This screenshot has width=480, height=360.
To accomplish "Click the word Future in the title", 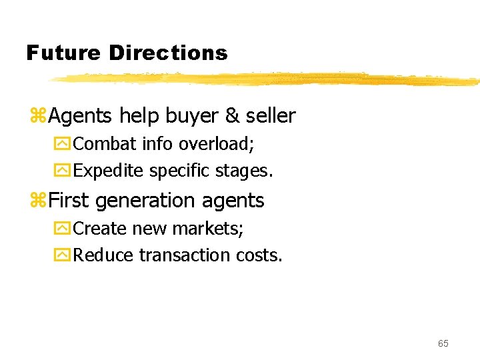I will tap(63, 53).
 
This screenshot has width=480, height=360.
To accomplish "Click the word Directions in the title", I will tap(168, 53).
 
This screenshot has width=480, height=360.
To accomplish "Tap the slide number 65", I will tap(443, 343).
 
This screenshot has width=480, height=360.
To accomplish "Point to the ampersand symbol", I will tap(232, 116).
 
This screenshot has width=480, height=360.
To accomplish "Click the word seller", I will tap(271, 116).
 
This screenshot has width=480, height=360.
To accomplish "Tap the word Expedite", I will tap(109, 171).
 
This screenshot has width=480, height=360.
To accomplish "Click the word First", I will tap(69, 200).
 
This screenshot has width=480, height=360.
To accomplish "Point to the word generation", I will tap(149, 201).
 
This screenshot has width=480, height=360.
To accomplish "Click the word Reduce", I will tap(103, 255).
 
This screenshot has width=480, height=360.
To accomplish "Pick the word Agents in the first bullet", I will tap(81, 117).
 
